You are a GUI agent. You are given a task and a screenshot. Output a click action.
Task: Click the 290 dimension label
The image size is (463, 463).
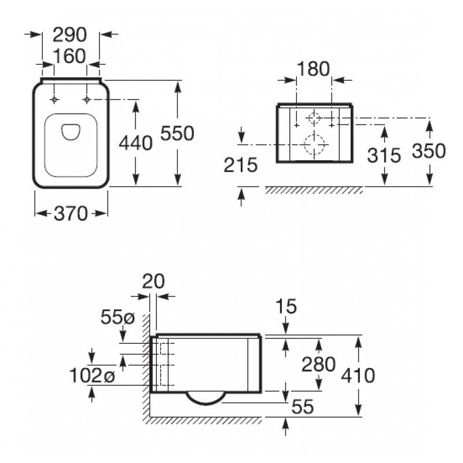coord(69,35)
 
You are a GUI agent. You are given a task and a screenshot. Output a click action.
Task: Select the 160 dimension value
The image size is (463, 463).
coord(69,56)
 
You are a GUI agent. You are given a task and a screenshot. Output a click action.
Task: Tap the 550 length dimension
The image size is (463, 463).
coord(177,133)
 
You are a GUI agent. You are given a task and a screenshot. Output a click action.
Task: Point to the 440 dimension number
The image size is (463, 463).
coord(135,143)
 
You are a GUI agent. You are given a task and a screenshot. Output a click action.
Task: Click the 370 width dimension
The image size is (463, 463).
coord(71,214)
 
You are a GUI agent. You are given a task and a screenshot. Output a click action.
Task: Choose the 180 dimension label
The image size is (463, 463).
coord(313,69)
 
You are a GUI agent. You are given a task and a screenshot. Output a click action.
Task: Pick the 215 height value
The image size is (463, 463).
coord(241,165)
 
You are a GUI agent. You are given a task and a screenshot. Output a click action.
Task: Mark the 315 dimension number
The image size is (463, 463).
coord(384,155)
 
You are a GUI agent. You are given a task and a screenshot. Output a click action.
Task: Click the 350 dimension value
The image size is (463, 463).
coord(429,151)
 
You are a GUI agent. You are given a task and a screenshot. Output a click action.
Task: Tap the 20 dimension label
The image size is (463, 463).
coord(153,281)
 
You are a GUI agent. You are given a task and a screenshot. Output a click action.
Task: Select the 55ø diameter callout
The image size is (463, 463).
coord(117,317)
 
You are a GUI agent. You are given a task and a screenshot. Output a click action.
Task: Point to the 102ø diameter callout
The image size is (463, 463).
coord(92,376)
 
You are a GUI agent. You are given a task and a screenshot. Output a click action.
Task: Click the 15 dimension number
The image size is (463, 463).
coord(286,306)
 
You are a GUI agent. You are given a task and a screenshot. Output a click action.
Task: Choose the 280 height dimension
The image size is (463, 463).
coord(318,364)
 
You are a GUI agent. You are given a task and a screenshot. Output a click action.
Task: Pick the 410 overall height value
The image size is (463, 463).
coord(358,376)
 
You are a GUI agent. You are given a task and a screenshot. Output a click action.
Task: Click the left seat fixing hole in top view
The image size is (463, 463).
coord(54,100)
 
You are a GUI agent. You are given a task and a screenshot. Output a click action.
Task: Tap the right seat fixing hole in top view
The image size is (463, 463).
coord(86,100)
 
